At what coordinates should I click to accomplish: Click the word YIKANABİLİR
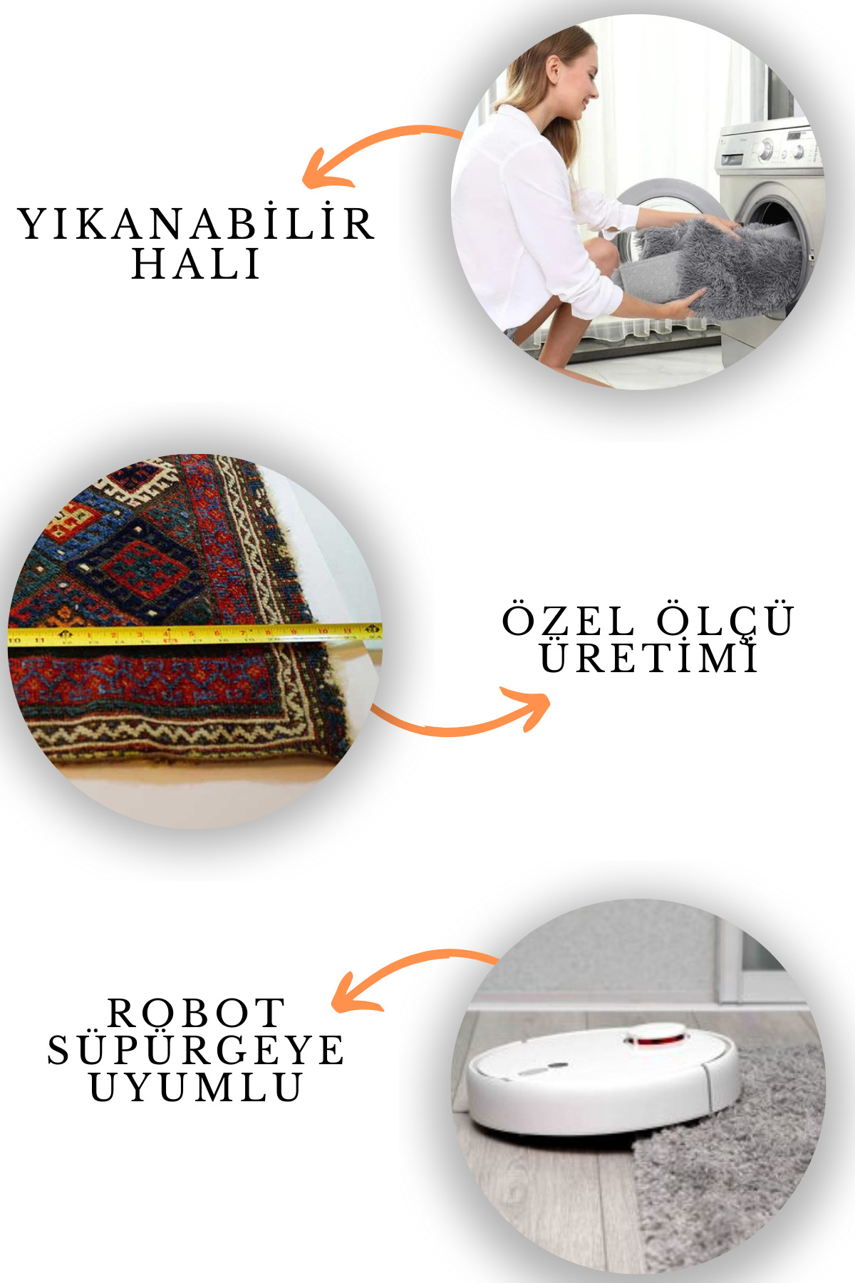point(196,224)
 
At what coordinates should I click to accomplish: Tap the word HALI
point(196,264)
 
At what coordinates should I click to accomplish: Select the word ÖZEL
point(569,620)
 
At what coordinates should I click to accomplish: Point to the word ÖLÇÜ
point(725,620)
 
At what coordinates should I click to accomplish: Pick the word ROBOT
point(196,1013)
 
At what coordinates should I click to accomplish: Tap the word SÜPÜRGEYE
point(196,1050)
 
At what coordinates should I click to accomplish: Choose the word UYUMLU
point(196,1087)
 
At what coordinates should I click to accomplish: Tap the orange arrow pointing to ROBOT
point(406,973)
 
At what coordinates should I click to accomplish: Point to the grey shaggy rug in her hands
point(720,267)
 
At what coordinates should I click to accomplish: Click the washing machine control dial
point(767,149)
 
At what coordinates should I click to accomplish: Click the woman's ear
point(554,70)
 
